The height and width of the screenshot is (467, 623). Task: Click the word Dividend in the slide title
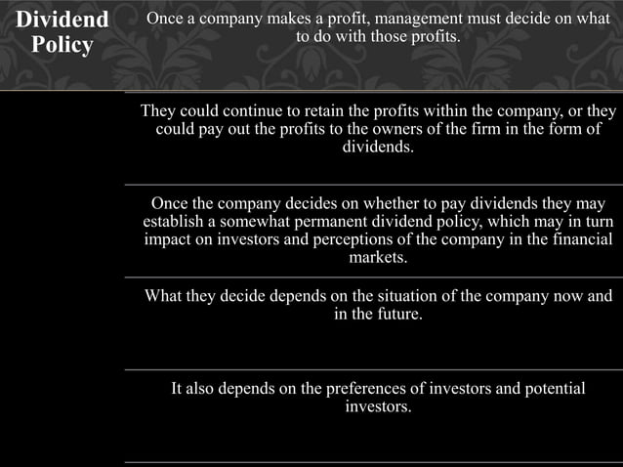[63, 21]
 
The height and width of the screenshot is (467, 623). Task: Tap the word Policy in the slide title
[63, 46]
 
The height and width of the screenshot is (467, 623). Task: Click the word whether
[383, 203]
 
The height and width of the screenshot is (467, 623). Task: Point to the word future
[397, 315]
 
